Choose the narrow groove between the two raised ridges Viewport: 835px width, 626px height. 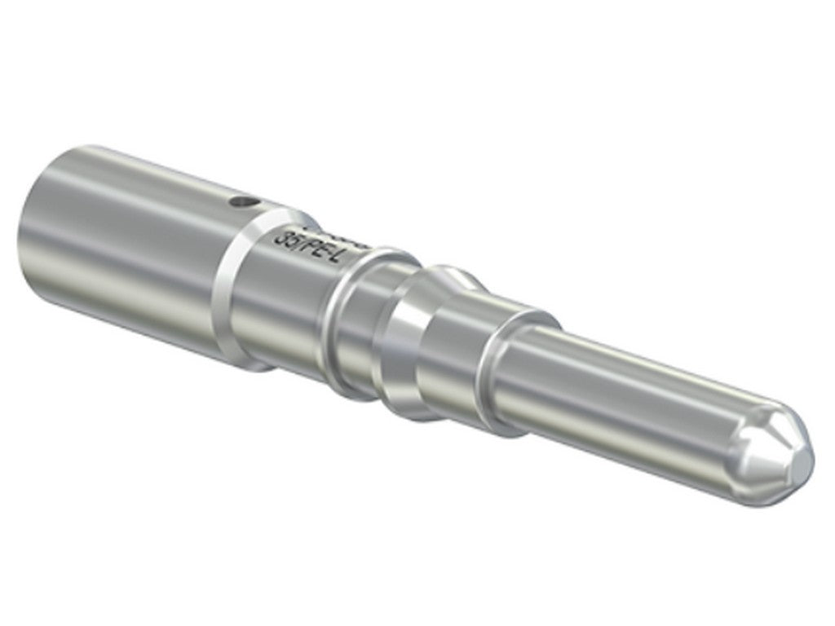[x=371, y=326]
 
